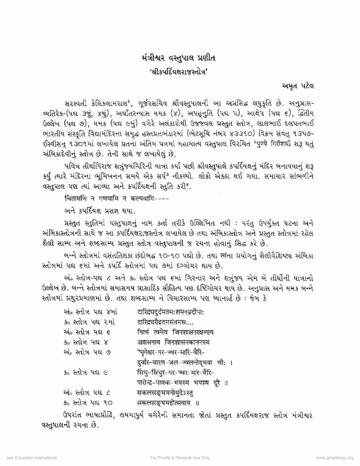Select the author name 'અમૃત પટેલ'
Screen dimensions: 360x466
[295, 87]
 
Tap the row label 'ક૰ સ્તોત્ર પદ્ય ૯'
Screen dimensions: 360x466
[84, 373]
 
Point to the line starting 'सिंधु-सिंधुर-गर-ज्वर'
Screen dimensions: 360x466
[176, 373]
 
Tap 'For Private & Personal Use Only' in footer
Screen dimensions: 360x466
[180, 458]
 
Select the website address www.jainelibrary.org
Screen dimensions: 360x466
[335, 458]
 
